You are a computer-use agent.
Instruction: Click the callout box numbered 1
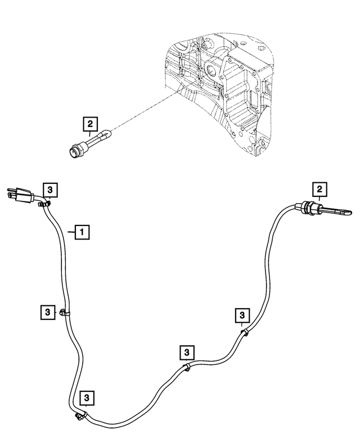point(82,232)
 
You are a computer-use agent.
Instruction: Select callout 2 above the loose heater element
point(90,124)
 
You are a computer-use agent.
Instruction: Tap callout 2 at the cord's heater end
point(319,190)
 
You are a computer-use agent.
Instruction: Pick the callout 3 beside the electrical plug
point(50,190)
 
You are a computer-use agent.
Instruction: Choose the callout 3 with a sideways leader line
point(48,312)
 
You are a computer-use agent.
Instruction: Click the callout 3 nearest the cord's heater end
point(242,316)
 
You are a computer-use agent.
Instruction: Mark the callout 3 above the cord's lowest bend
point(87,398)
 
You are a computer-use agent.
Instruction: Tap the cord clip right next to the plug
point(44,204)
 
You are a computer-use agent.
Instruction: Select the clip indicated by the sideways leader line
point(64,313)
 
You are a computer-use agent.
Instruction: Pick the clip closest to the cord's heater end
point(245,332)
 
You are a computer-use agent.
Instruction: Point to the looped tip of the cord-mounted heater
point(349,213)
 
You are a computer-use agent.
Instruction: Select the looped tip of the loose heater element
point(108,134)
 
